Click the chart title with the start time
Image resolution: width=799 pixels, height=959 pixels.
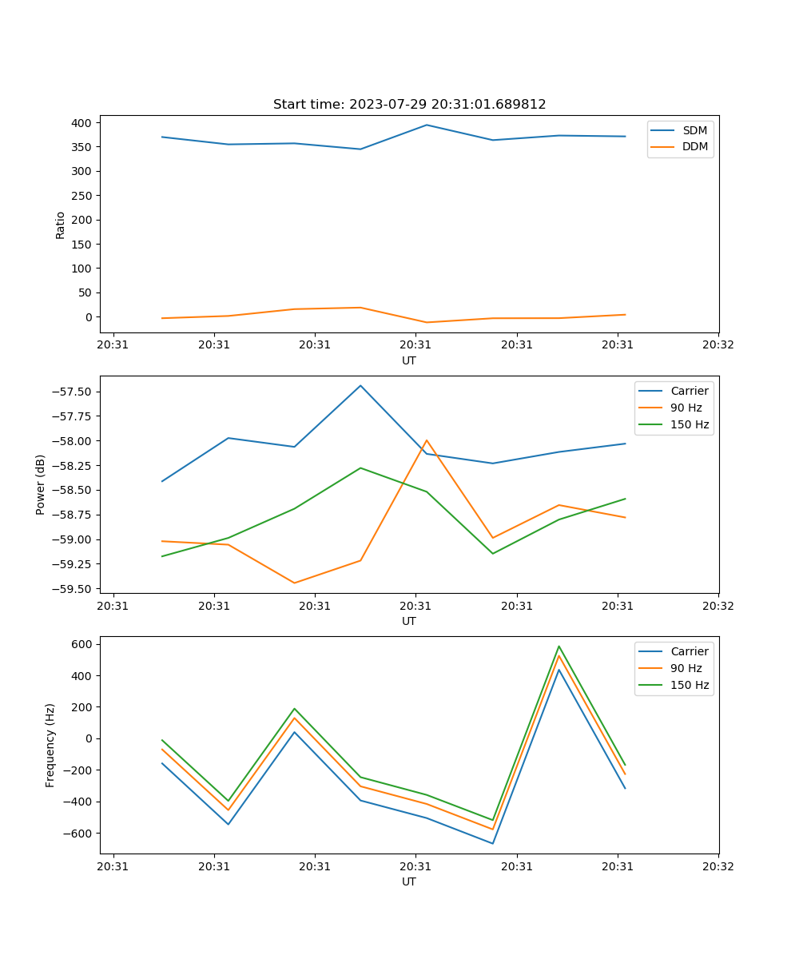pyautogui.click(x=409, y=105)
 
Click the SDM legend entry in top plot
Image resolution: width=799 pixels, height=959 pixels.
pyautogui.click(x=694, y=130)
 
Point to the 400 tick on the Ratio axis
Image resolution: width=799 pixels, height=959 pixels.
pyautogui.click(x=81, y=123)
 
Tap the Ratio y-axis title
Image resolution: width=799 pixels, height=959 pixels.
pyautogui.click(x=61, y=225)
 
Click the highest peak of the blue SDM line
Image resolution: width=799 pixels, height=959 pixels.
pyautogui.click(x=427, y=125)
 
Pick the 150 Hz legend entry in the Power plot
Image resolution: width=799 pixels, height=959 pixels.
pyautogui.click(x=690, y=424)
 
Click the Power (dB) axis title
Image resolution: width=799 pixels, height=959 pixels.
pyautogui.click(x=41, y=484)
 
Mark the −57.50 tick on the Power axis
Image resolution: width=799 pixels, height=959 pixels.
pyautogui.click(x=72, y=392)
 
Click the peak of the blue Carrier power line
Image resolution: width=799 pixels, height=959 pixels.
pyautogui.click(x=360, y=386)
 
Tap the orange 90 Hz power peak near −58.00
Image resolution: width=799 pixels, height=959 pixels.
pyautogui.click(x=427, y=440)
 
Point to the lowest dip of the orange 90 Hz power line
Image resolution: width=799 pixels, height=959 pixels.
pyautogui.click(x=294, y=583)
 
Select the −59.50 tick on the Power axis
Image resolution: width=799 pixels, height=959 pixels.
pyautogui.click(x=72, y=589)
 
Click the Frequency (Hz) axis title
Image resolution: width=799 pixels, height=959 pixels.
pyautogui.click(x=50, y=745)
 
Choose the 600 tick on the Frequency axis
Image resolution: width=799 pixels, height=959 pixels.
pyautogui.click(x=83, y=644)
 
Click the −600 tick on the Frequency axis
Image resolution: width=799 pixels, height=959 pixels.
pyautogui.click(x=79, y=834)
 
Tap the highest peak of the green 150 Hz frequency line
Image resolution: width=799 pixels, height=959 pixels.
pyautogui.click(x=559, y=647)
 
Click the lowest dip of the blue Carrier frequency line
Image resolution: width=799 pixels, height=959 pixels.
pyautogui.click(x=492, y=843)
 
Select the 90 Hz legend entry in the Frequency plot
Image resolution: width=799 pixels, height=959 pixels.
pyautogui.click(x=686, y=668)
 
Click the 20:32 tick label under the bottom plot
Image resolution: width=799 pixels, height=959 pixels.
pyautogui.click(x=718, y=866)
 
